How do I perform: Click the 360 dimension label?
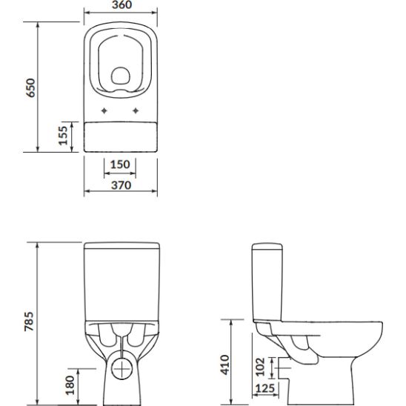(122, 5)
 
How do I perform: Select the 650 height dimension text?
(31, 87)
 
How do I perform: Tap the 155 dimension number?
(63, 136)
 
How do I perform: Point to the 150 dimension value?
(120, 164)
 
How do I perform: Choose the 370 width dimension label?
(122, 185)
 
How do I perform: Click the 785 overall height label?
(29, 322)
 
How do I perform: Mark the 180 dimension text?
(70, 385)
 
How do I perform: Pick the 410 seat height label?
(225, 365)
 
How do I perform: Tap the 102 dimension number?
(260, 367)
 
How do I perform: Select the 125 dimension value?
(265, 388)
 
